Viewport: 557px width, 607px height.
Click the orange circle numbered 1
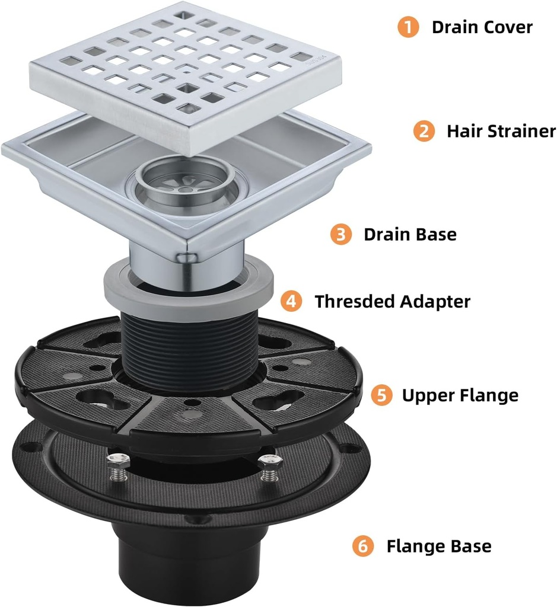tap(408, 27)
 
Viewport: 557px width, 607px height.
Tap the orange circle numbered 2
tap(424, 131)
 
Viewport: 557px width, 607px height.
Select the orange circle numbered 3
tap(340, 234)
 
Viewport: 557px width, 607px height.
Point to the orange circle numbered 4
tap(291, 301)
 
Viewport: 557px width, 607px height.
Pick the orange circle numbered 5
tap(381, 395)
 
